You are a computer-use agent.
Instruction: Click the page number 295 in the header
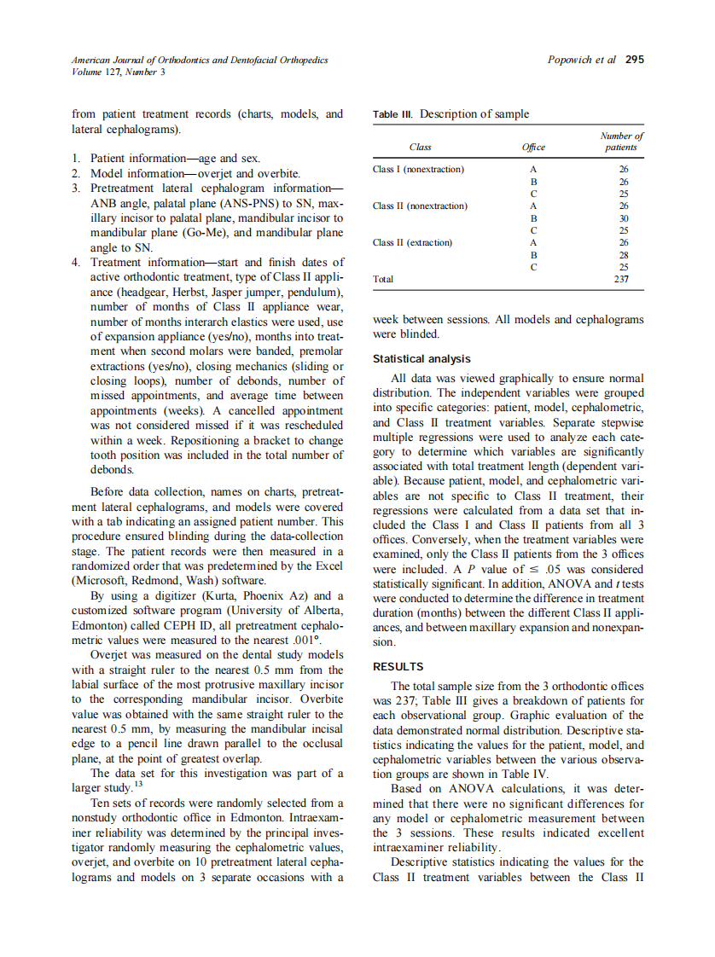coord(634,60)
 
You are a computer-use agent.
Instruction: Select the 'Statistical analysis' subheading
coord(421,359)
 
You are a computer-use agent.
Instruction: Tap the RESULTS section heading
coord(398,666)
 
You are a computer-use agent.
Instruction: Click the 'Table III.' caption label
coord(393,114)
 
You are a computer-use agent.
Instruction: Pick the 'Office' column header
coord(532,148)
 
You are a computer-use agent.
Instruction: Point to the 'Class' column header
coord(420,148)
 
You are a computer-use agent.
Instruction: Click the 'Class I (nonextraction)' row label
coord(418,169)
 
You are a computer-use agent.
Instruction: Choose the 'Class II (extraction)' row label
coord(413,242)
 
